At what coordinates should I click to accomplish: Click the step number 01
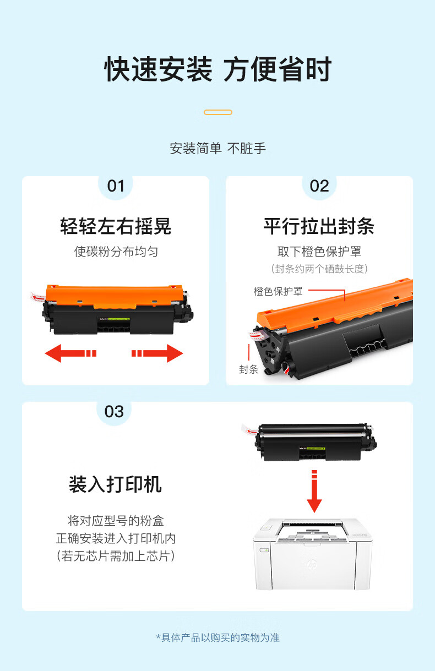tap(116, 186)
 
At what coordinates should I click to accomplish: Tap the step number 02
tap(319, 186)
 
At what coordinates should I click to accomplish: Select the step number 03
tap(114, 412)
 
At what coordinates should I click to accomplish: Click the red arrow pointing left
tap(70, 353)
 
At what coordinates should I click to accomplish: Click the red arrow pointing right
tap(157, 353)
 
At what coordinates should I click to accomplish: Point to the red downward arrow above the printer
tap(314, 491)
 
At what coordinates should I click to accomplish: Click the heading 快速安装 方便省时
tap(218, 69)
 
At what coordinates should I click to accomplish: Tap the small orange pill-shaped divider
tap(218, 112)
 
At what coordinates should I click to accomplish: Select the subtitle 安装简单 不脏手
tap(218, 149)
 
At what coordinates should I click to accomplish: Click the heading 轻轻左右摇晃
tap(116, 226)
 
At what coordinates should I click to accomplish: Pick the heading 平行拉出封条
tap(319, 226)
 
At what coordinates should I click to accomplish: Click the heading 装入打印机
tap(115, 484)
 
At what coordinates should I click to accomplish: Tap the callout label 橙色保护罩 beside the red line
tap(278, 292)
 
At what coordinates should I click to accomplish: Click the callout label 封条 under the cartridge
tap(249, 369)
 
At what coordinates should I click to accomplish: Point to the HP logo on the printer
tap(312, 564)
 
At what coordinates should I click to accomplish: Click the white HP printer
tap(313, 554)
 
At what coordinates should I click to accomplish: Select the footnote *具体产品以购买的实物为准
tap(218, 637)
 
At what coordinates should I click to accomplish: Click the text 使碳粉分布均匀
tap(116, 252)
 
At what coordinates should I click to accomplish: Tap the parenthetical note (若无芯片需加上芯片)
tap(116, 557)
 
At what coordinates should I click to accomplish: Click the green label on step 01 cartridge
tap(119, 319)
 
